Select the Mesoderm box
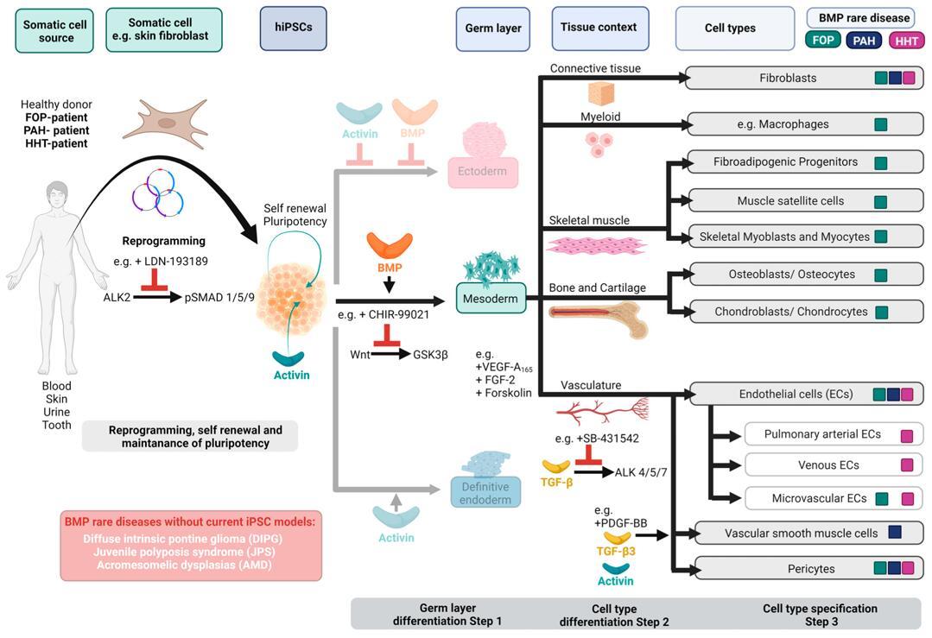point(491,298)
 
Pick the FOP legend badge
point(822,40)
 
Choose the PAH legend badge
point(865,40)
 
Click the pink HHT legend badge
point(906,40)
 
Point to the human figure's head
point(56,194)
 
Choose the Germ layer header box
point(492,28)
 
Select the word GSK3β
point(429,354)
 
